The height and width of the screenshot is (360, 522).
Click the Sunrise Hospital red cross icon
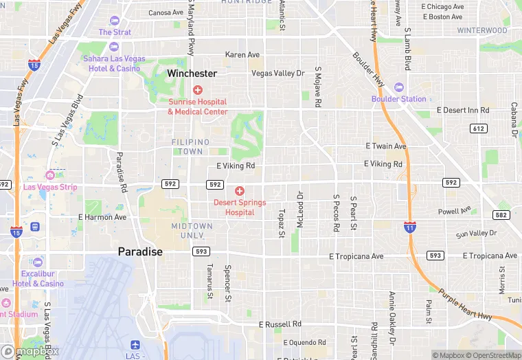pos(198,90)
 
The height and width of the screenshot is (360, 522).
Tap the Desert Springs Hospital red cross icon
pos(240,191)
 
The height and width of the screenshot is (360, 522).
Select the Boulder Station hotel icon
pos(399,87)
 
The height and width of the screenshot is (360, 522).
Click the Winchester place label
pos(192,74)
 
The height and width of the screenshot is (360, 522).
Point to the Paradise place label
pos(140,252)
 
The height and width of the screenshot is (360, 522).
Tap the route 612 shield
pos(479,128)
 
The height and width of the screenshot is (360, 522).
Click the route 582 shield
pos(501,215)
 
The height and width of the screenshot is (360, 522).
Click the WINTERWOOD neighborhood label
pos(482,31)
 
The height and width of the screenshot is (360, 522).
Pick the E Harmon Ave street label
pos(102,217)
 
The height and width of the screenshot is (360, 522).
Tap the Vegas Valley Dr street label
pos(277,74)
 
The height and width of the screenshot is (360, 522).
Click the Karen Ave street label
pos(242,55)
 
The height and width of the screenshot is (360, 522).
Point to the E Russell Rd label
pos(280,324)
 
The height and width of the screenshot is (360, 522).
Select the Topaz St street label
pos(282,224)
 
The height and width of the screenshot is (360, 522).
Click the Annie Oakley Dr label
pos(392,317)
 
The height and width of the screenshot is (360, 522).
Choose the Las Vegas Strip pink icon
pos(49,175)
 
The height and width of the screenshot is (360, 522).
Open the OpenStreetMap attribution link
pos(492,355)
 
